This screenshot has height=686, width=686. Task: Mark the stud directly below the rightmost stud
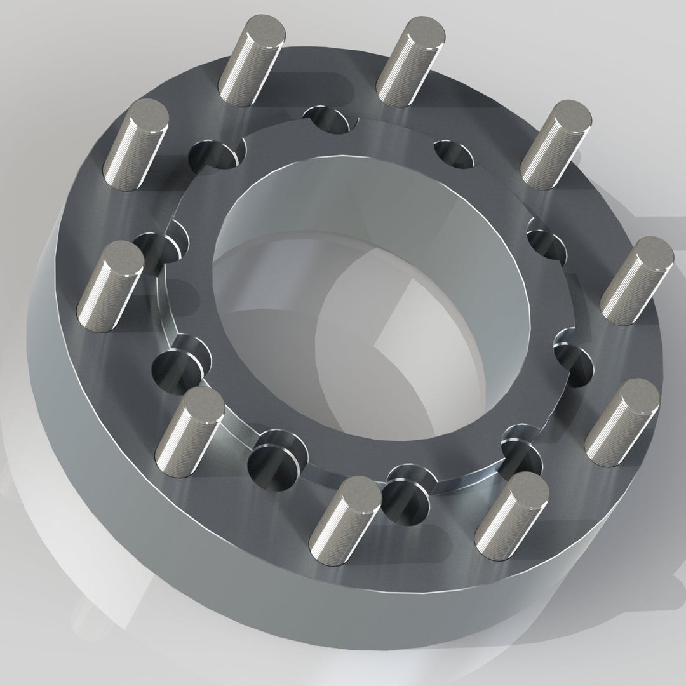(x=622, y=419)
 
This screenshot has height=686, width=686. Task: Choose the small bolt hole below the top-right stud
(x=454, y=152)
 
